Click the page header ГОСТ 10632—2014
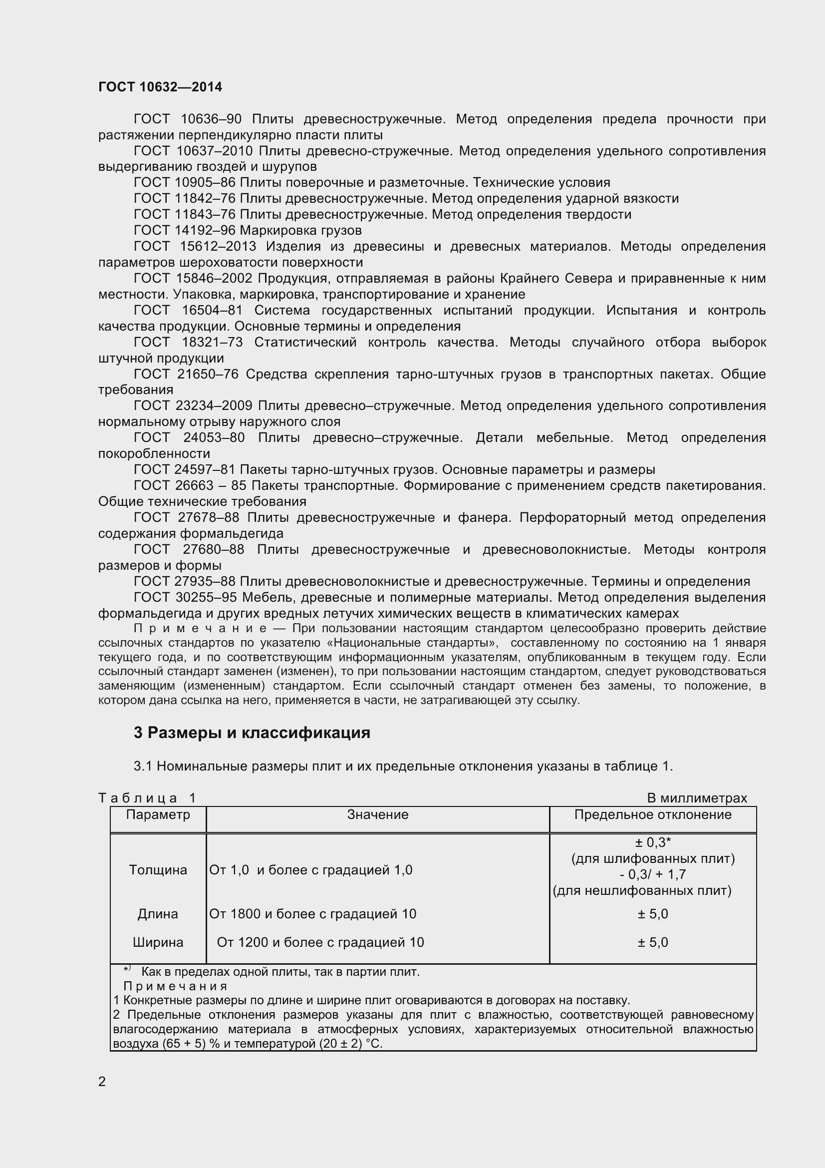160,87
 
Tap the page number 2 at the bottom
102,1082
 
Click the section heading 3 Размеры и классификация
252,733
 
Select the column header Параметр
158,814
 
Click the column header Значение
378,814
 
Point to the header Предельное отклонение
653,814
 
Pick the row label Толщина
158,870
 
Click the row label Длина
158,914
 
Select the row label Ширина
158,942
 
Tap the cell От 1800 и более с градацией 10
312,914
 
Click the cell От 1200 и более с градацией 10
320,942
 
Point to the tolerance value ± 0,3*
653,843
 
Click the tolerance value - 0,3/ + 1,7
653,874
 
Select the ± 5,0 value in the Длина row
653,914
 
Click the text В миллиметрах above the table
697,798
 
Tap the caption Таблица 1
147,798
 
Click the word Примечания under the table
175,986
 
